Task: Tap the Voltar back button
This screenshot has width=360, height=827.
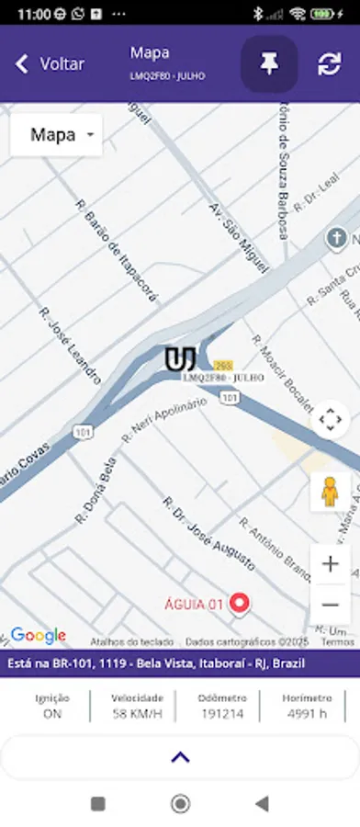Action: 51,64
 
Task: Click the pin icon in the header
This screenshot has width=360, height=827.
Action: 269,64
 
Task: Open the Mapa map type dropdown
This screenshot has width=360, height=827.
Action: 56,135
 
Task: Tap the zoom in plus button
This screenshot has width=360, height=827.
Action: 330,563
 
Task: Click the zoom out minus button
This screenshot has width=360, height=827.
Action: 330,604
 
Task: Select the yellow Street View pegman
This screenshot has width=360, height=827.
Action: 330,493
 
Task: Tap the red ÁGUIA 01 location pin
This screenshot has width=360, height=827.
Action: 241,603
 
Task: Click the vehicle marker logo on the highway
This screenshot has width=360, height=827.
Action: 180,358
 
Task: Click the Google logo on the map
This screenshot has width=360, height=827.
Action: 38,635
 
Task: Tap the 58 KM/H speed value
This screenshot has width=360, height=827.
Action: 137,713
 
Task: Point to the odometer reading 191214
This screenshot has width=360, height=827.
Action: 221,713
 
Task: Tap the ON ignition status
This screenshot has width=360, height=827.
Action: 52,713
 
